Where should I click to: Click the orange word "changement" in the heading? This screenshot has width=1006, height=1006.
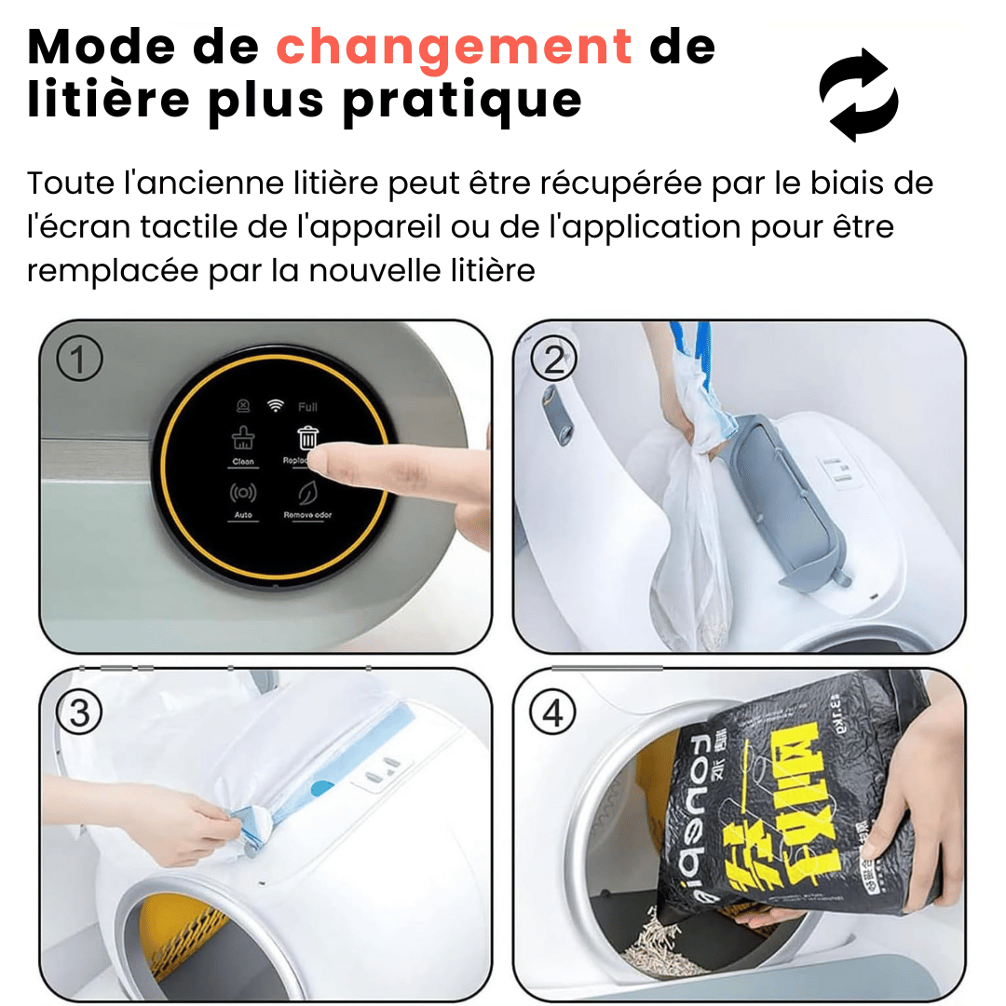(455, 47)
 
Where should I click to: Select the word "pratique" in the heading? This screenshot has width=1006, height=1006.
(462, 101)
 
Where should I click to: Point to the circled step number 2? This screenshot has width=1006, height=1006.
(554, 359)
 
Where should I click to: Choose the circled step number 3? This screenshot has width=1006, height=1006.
(79, 713)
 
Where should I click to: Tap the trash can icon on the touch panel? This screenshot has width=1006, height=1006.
(307, 437)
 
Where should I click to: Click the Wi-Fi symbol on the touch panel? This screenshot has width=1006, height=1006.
(275, 405)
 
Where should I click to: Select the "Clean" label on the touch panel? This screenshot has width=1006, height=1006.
(243, 462)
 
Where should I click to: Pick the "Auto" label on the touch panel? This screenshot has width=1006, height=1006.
(243, 515)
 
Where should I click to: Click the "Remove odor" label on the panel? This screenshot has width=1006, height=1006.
(307, 515)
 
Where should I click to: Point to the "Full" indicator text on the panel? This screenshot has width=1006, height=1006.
(307, 407)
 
